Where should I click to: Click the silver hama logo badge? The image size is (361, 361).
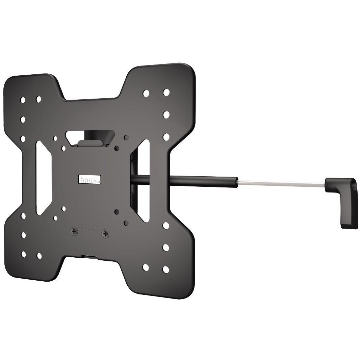tap(89, 179)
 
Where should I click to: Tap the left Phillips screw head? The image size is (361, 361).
tap(74, 231)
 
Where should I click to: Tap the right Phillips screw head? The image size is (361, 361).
tap(105, 233)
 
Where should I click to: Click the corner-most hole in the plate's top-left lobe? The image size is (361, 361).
tap(23, 100)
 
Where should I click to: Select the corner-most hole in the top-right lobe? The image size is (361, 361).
tap(166, 92)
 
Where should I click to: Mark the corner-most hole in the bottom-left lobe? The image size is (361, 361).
tap(23, 254)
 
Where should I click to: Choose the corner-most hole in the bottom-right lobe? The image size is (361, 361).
tap(165, 269)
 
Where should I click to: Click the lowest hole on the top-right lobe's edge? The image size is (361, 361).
tap(166, 137)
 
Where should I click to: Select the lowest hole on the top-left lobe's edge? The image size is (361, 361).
tap(23, 139)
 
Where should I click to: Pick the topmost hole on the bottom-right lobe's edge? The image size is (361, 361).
tap(165, 225)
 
